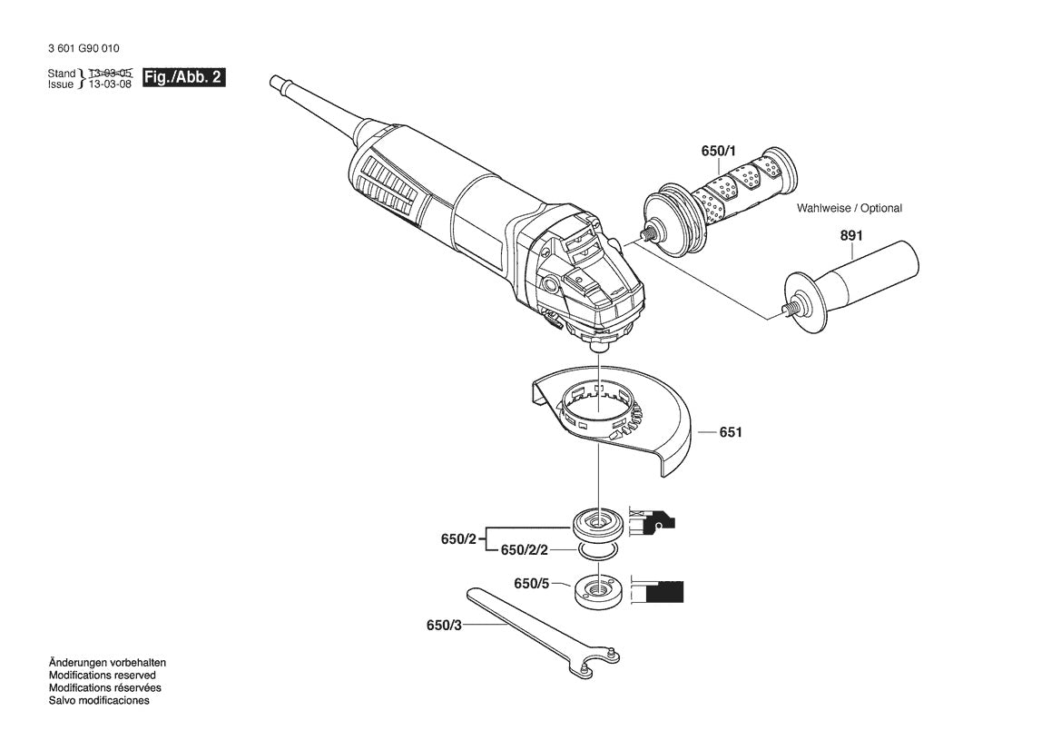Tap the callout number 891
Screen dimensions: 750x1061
(x=850, y=235)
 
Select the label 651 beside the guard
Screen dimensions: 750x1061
(x=731, y=432)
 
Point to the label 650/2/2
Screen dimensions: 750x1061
(x=524, y=550)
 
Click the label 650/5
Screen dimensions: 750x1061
(x=531, y=584)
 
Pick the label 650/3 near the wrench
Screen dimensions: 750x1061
(x=443, y=625)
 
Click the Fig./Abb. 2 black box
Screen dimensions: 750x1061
(x=183, y=78)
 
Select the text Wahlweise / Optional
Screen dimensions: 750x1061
(x=850, y=208)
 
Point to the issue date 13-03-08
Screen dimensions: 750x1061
(x=110, y=84)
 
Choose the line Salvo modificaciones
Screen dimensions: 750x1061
(x=99, y=701)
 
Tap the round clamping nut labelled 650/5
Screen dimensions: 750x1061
(x=597, y=591)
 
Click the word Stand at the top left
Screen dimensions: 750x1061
(x=62, y=73)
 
